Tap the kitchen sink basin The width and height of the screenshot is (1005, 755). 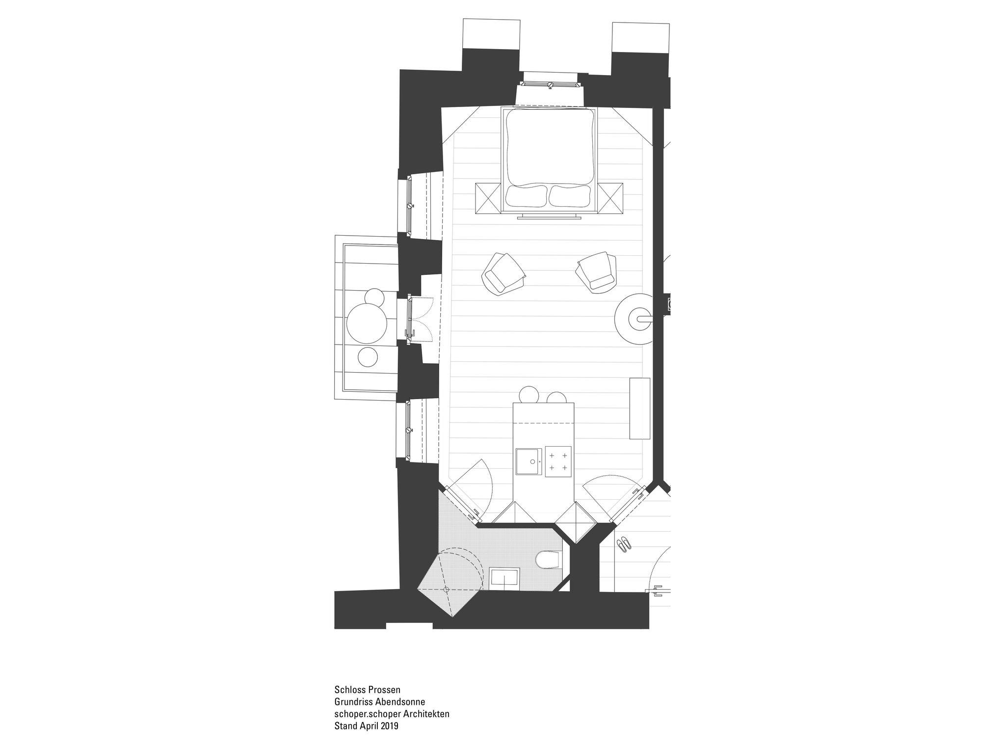pos(529,461)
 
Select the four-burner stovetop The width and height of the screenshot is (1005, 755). pos(558,461)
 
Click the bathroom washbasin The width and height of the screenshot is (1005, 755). pos(505,579)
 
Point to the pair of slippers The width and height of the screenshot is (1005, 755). pos(624,544)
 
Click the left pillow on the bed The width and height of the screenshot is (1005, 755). pos(527,196)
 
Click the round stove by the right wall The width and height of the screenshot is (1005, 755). pos(637,318)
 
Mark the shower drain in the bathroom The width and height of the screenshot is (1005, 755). pos(447,589)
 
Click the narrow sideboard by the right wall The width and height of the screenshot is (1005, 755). pos(640,408)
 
